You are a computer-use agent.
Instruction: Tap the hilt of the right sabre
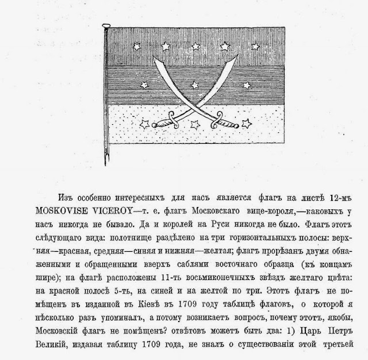tap(217, 122)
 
